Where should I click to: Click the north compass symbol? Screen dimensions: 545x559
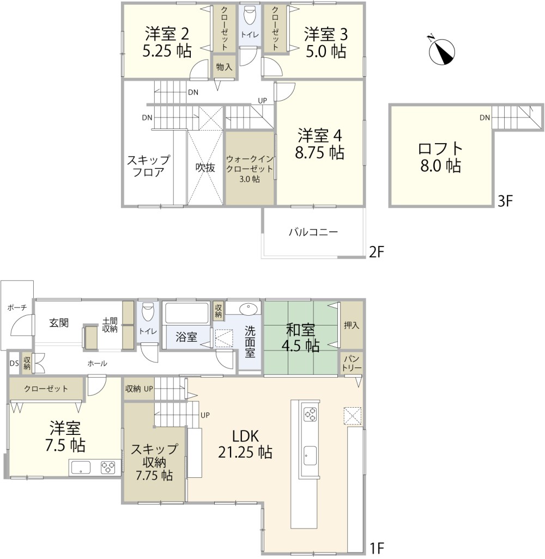coord(443,51)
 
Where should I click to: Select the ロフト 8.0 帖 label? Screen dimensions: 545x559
coord(440,157)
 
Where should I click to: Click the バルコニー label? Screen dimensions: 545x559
coord(313,232)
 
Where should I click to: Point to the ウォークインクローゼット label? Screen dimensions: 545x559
coord(250,168)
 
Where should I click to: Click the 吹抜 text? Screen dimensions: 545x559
coord(205,168)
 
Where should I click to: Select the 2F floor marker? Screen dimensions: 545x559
coord(377,252)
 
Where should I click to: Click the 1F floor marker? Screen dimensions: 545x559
coord(376,548)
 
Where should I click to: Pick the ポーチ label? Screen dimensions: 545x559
coord(17,308)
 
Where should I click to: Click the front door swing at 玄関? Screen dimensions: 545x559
coord(22,325)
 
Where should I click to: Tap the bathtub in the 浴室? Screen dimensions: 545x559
coord(186,313)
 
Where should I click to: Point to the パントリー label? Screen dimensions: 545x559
coord(352,363)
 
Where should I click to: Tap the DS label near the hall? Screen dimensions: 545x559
coord(14,364)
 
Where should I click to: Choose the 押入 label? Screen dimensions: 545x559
coord(351,325)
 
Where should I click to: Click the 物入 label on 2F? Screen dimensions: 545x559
coord(224,66)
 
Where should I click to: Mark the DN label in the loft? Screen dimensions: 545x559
coord(485,118)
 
